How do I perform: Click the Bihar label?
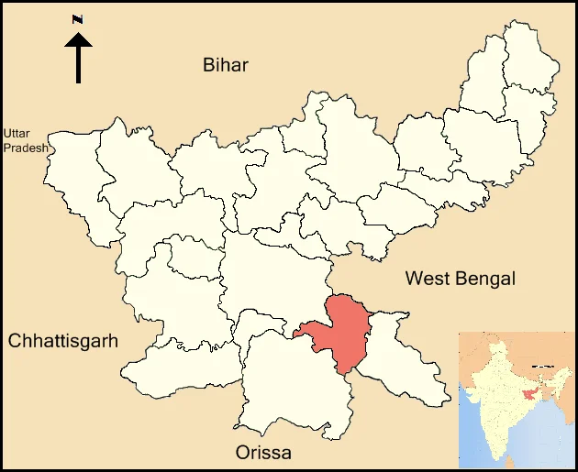[226, 64]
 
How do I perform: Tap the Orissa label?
[263, 453]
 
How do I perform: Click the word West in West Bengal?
[429, 278]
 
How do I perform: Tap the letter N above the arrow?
[79, 19]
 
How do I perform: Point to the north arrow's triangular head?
[79, 39]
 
